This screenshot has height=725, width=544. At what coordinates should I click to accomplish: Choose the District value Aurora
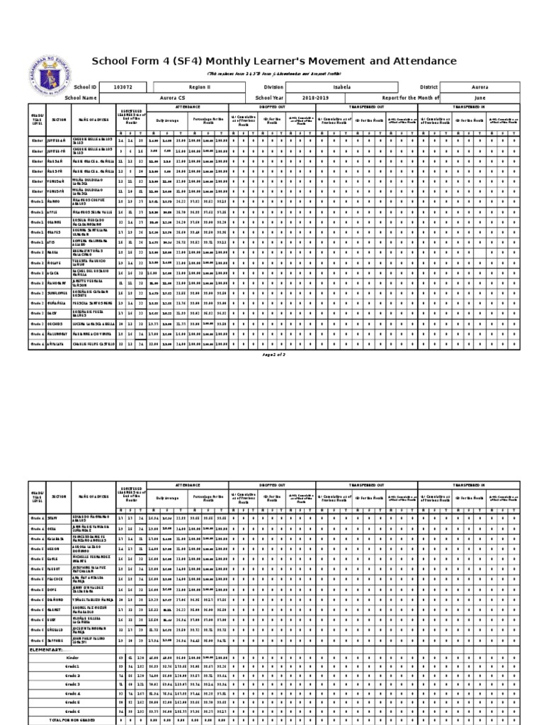pos(480,87)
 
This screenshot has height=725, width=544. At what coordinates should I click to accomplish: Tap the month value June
pos(480,98)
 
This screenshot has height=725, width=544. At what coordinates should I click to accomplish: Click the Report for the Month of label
pos(411,98)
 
